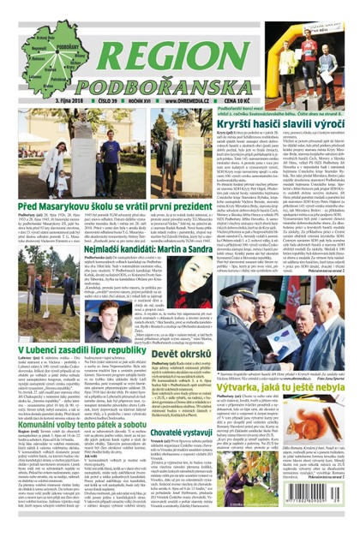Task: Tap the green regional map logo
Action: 41,51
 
